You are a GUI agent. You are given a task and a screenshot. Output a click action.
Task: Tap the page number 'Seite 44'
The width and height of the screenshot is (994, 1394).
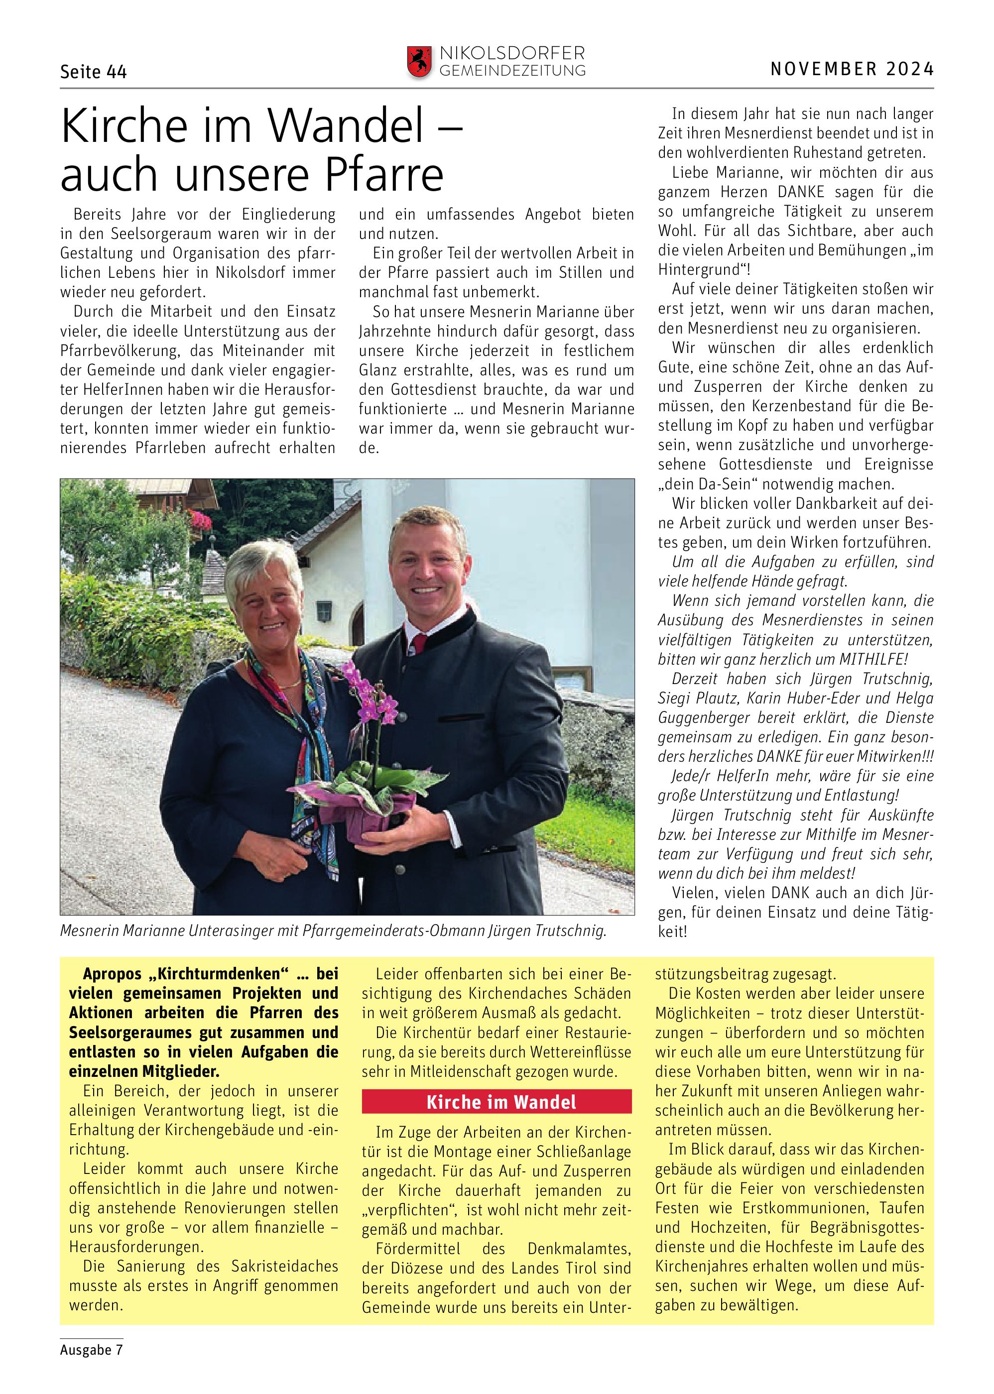pos(93,72)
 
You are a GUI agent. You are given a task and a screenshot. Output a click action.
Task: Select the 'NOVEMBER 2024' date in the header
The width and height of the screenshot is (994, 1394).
pos(852,69)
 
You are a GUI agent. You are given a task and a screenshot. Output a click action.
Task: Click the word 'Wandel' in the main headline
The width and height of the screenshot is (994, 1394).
pos(347,126)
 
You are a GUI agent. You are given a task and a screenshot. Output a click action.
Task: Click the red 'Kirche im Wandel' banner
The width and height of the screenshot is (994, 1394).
pos(497,1102)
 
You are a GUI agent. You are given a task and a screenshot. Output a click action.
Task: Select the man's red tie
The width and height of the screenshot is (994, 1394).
pos(419,646)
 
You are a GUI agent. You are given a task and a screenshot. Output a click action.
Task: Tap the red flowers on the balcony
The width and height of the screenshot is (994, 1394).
pos(201,521)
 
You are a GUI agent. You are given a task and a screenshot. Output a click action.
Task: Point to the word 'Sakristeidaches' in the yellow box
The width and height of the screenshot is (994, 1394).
pos(285,1266)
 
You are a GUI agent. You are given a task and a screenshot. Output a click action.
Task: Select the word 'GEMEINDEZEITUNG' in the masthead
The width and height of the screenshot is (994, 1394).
pos(512,71)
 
